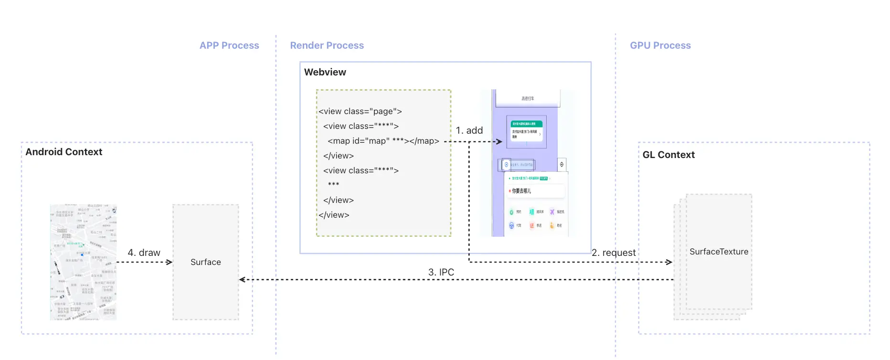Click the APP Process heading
(x=229, y=45)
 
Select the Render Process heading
(x=327, y=45)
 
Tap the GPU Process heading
(x=660, y=45)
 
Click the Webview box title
(x=325, y=72)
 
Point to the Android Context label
(x=64, y=152)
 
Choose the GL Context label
(x=668, y=155)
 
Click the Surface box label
(x=206, y=262)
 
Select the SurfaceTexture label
(x=719, y=252)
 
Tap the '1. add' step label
(x=469, y=130)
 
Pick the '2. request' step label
(x=614, y=253)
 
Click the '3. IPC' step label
(x=441, y=272)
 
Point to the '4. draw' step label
(x=144, y=253)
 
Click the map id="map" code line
(x=383, y=141)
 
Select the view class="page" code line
(x=360, y=111)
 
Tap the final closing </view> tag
(x=334, y=215)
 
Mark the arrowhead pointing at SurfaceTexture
(x=669, y=262)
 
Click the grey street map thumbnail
(x=84, y=262)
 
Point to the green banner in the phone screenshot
(x=527, y=124)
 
